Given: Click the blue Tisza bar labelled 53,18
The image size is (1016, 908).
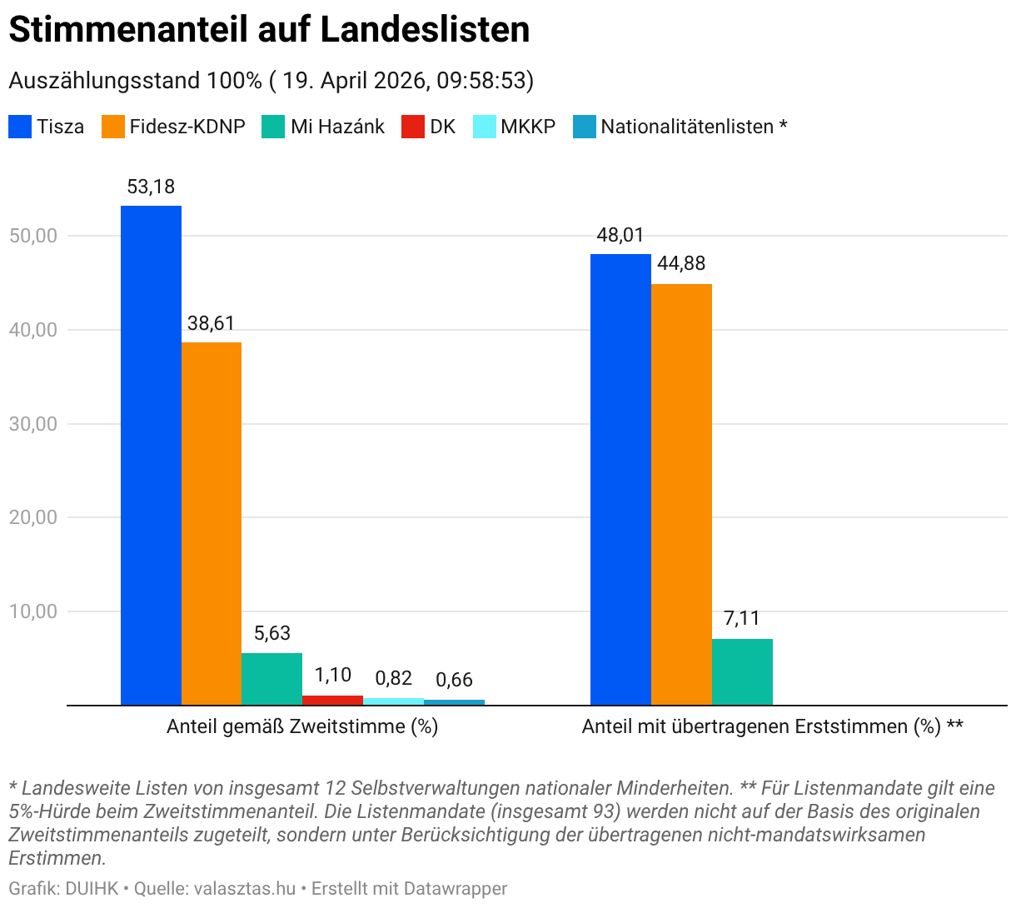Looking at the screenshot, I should pos(151,455).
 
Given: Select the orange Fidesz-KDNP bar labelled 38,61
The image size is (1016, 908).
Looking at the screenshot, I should pos(212,523).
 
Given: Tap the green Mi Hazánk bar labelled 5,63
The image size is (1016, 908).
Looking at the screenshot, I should pos(271,679).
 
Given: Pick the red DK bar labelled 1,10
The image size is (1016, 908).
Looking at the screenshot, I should pos(332,700).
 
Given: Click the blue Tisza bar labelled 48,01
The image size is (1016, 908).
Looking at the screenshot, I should pos(620,479).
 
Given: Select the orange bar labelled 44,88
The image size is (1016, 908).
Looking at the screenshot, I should pos(681,494).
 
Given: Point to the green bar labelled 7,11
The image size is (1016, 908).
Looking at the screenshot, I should pos(742,671).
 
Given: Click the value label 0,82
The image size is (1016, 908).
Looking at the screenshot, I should pos(393,678).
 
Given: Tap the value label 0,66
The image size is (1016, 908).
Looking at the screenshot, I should pos(454,680).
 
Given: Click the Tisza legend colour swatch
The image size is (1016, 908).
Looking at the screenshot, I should pos(20,127).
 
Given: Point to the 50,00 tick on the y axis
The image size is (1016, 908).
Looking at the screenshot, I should pos(33,236).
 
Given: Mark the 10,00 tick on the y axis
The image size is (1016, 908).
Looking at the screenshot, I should pos(33,611).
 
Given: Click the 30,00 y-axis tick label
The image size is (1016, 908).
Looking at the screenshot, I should pos(33,424).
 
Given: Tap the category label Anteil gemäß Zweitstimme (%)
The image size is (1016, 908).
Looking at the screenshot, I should pos(302,726).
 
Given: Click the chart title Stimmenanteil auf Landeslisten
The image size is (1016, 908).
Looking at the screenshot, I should pos(269,30).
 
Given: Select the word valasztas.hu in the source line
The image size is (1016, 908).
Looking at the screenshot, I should pos(245,889).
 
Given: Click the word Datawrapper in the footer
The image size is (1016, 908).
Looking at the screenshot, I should pos(456,889).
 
